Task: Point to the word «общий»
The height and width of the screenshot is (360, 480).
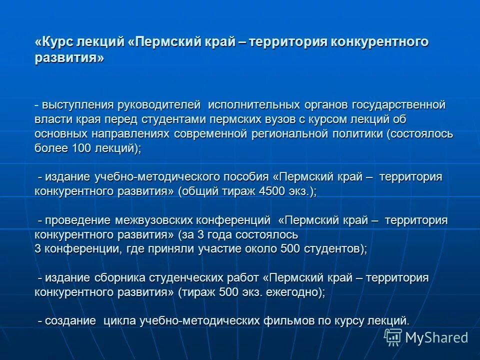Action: coord(200,191)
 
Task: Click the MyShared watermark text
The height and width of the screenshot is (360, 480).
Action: coord(436,337)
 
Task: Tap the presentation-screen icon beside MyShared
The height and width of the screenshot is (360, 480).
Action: coord(393,336)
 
